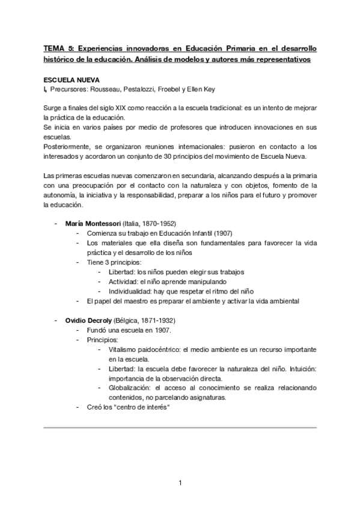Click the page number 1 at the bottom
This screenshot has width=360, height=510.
coord(180,482)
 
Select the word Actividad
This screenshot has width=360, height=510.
coord(123,281)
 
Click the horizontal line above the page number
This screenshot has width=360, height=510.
coord(180,428)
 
